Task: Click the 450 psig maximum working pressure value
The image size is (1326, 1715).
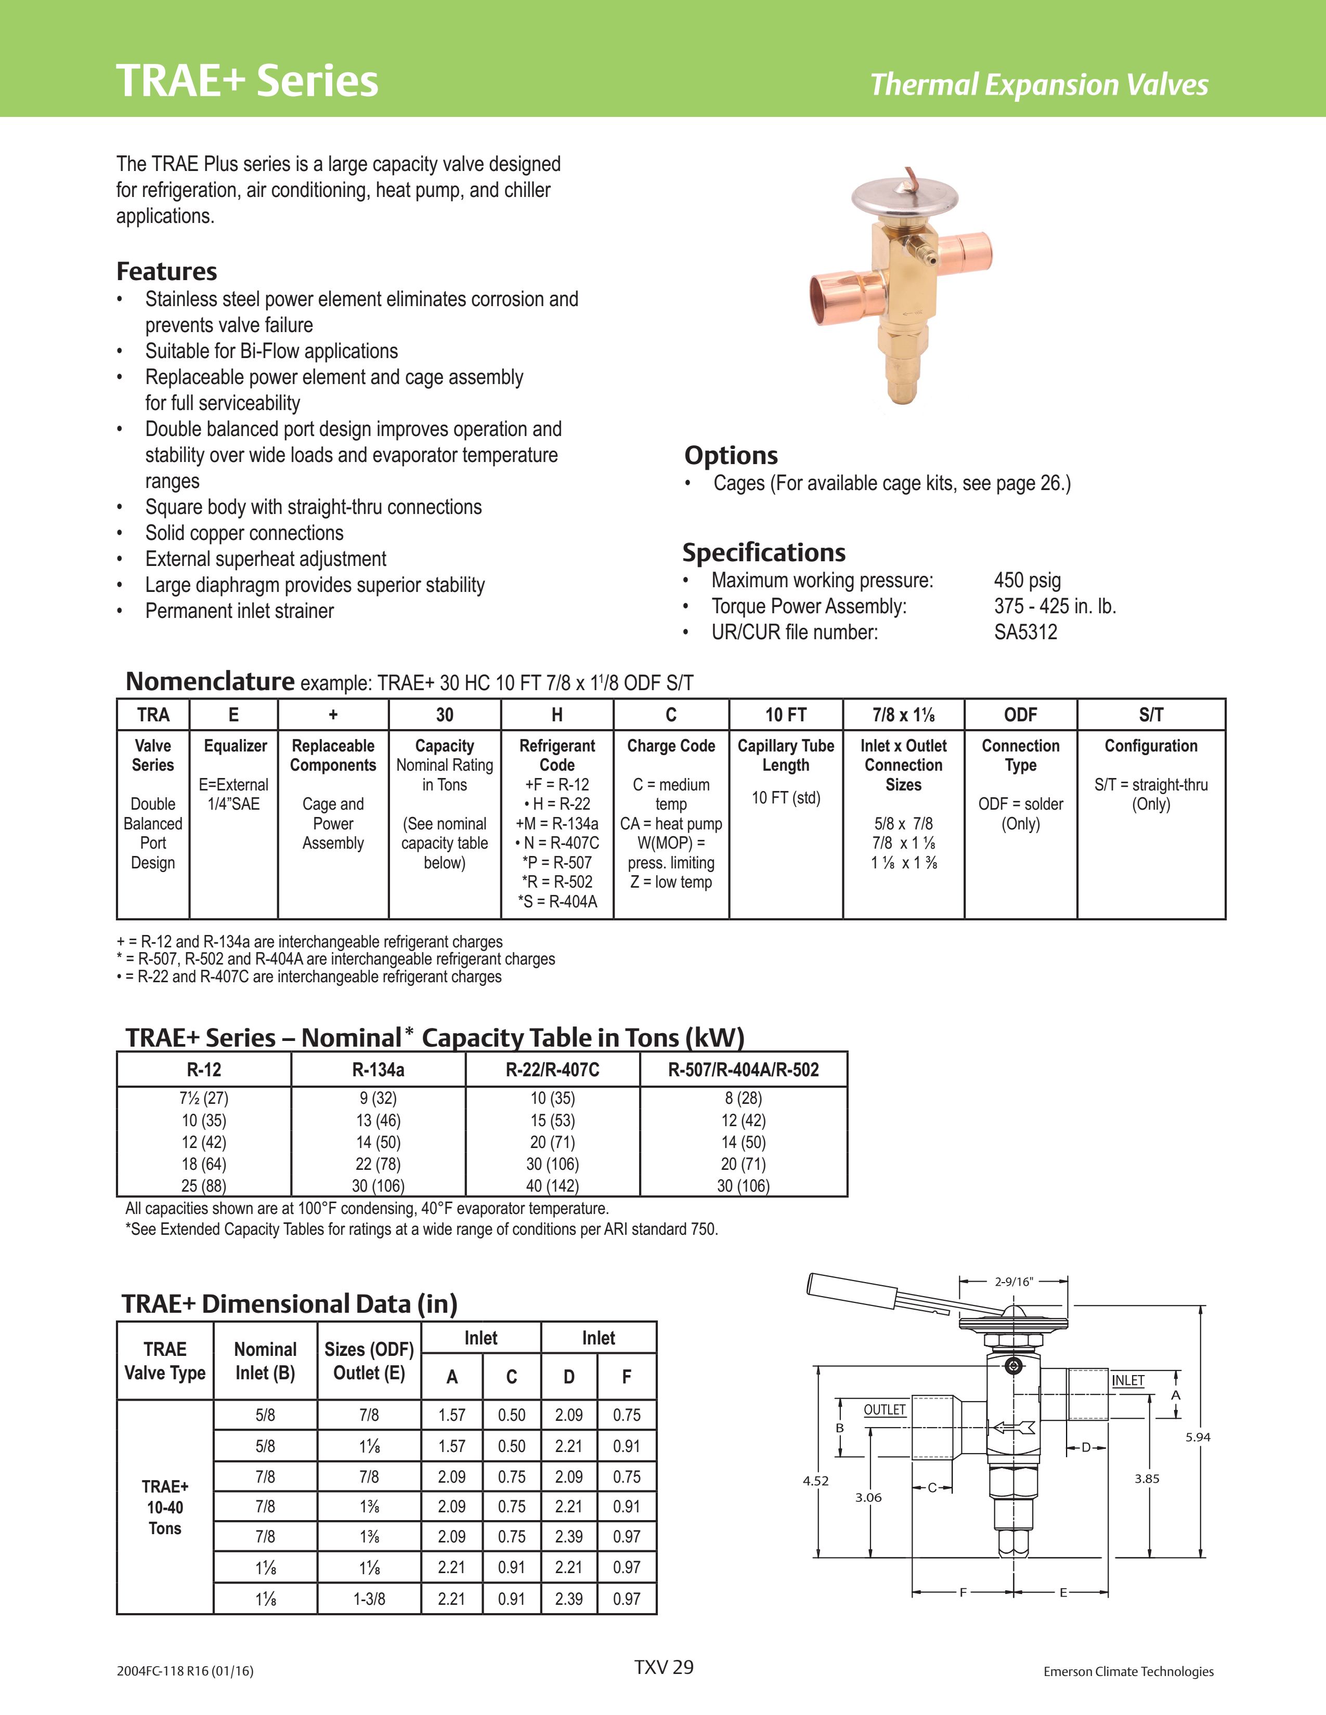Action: click(x=1026, y=581)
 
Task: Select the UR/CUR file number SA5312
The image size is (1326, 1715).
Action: click(x=1025, y=632)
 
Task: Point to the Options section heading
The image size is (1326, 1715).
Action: click(x=731, y=455)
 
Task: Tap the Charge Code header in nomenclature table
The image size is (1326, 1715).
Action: click(x=671, y=746)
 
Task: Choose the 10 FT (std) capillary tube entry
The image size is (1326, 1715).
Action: click(x=786, y=798)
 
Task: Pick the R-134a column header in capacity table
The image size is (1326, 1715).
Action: click(x=378, y=1070)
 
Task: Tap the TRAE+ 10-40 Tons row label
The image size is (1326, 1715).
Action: click(x=165, y=1507)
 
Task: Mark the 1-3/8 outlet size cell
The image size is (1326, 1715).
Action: click(x=369, y=1599)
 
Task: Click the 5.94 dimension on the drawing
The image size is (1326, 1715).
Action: click(x=1197, y=1437)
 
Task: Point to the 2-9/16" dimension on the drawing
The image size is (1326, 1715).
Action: click(x=1013, y=1282)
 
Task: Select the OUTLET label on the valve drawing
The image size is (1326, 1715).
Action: click(x=885, y=1409)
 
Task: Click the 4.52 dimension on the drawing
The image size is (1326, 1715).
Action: click(x=815, y=1481)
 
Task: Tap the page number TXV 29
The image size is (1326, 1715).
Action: click(x=664, y=1667)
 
